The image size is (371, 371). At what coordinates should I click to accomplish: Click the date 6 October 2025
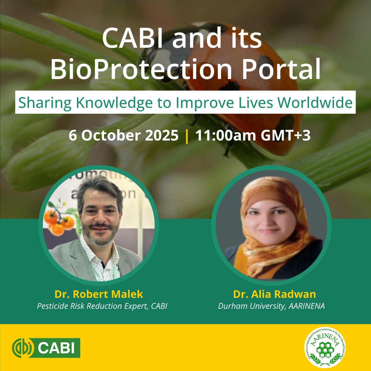pos(124,136)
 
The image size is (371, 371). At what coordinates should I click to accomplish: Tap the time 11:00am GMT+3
pos(253,136)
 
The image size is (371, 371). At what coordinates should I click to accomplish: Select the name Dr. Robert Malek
pos(99,294)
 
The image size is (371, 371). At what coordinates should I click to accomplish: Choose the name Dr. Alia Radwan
pos(274,294)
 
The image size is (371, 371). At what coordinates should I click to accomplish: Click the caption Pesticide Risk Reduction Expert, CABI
pos(102,306)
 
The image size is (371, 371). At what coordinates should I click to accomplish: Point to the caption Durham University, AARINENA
pos(271,306)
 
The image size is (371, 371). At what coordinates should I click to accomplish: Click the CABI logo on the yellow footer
pos(46,348)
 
